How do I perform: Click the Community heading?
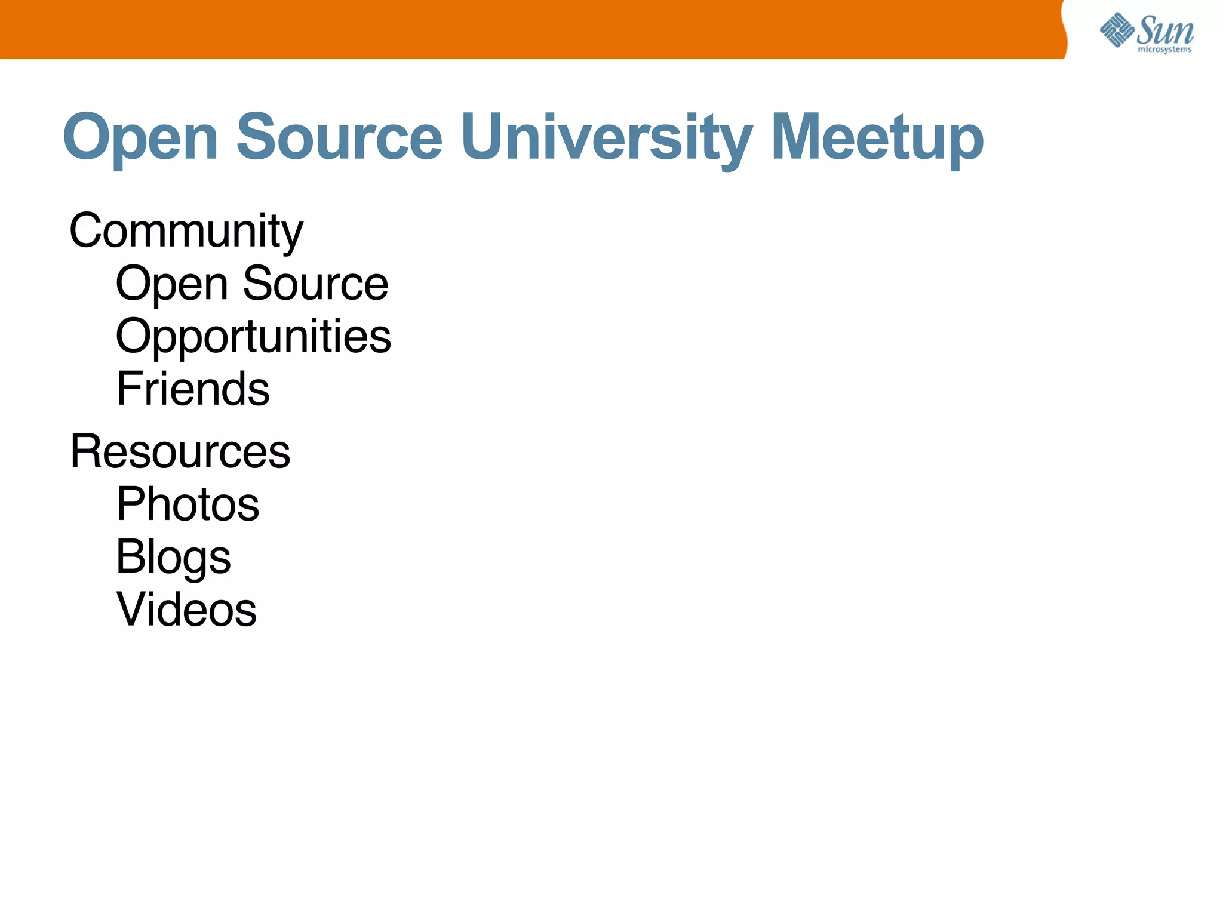[x=186, y=231]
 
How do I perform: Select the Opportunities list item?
[x=253, y=336]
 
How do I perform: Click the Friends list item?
[x=192, y=389]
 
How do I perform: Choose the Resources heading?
[x=180, y=451]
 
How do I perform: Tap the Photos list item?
[x=188, y=504]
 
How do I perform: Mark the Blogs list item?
[x=173, y=557]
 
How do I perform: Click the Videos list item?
[x=186, y=610]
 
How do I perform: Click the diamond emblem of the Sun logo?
[x=1116, y=30]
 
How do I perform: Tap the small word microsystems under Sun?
[x=1164, y=50]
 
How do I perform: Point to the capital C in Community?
[x=87, y=231]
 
